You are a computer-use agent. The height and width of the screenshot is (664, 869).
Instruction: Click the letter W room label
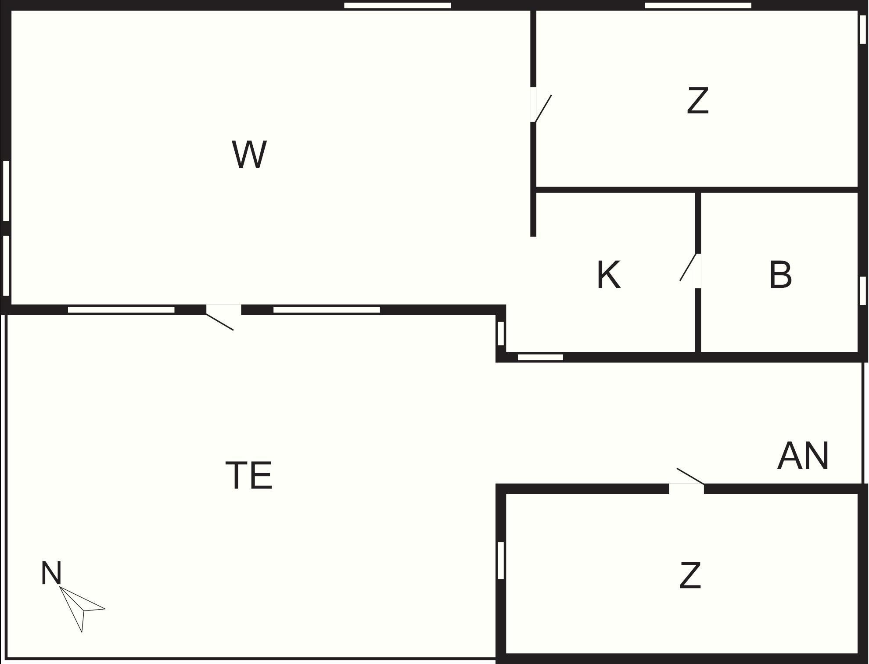pos(249,154)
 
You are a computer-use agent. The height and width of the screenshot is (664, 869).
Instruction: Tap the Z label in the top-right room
pos(698,101)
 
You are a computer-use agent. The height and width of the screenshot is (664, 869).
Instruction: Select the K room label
pos(609,275)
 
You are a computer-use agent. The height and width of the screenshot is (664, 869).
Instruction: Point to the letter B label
pos(780,275)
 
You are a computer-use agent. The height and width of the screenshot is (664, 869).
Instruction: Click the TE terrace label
pos(249,475)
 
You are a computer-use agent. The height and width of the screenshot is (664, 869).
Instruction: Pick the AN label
pos(803,456)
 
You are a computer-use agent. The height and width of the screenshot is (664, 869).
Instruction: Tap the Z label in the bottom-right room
pos(690,575)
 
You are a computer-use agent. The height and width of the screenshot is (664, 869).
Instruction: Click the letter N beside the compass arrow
pos(51,573)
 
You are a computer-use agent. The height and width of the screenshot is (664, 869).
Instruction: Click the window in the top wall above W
pos(397,6)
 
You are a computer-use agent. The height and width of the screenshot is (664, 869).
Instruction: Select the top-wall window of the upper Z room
pos(698,6)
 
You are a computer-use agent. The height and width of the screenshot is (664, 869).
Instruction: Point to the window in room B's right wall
pos(863,290)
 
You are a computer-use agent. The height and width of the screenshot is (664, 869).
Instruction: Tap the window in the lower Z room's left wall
pos(501,560)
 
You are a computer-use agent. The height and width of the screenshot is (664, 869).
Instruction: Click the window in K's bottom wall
pos(540,357)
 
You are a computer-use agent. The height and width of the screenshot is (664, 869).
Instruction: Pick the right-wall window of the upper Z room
pos(863,29)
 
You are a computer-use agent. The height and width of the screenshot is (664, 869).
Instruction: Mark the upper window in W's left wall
pos(6,191)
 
